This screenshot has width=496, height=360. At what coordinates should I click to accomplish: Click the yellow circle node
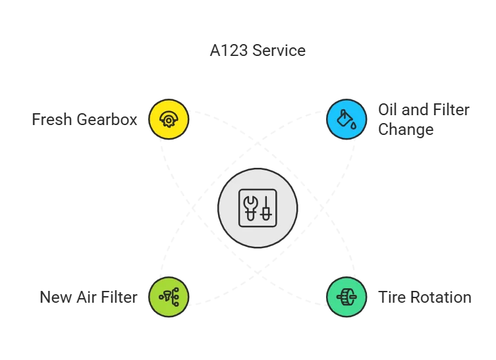(169, 119)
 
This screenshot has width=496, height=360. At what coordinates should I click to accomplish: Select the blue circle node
(346, 119)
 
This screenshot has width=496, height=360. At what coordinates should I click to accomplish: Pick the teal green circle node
(346, 296)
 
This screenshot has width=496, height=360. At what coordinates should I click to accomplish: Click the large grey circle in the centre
(258, 207)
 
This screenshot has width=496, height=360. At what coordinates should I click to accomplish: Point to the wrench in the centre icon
(250, 207)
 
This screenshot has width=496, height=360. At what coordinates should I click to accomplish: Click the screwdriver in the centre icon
(266, 207)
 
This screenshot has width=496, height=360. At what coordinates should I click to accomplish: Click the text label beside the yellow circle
(87, 120)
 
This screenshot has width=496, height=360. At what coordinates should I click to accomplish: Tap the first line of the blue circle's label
(424, 109)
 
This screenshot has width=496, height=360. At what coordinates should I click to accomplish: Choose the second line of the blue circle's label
(404, 130)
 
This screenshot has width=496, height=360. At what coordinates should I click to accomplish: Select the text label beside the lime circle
(90, 296)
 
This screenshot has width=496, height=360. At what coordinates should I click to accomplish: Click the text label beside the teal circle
(426, 297)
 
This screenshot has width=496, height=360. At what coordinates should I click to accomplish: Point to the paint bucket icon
(346, 119)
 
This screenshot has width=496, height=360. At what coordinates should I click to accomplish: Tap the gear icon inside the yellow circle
(169, 119)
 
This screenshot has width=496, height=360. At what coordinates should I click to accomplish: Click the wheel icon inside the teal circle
(346, 296)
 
